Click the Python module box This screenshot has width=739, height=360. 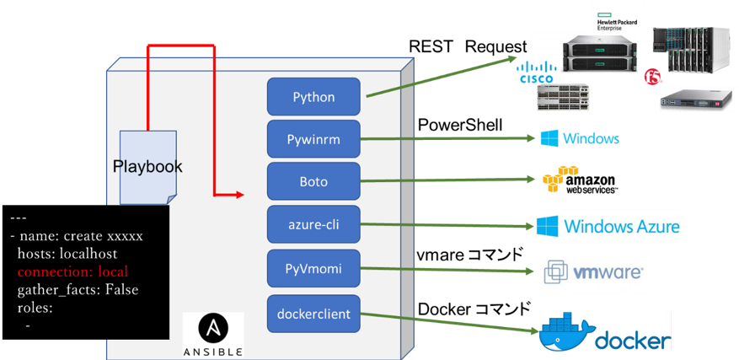click(x=313, y=97)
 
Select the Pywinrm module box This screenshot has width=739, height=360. click(x=313, y=139)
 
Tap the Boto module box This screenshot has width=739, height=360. click(x=313, y=181)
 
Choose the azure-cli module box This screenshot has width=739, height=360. click(x=313, y=224)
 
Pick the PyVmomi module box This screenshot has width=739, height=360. click(x=313, y=267)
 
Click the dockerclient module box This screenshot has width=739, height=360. click(x=313, y=314)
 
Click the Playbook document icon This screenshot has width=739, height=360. click(x=147, y=167)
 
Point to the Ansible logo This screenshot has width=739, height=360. click(x=213, y=334)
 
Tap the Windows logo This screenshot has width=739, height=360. click(x=580, y=138)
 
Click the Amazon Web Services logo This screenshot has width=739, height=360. click(x=580, y=180)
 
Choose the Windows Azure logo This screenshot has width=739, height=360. click(x=607, y=227)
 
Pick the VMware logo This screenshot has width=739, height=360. click(x=592, y=271)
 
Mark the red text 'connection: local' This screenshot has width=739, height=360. click(x=72, y=272)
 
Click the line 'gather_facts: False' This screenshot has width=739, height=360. click(x=78, y=290)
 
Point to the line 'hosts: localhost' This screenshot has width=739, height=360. click(x=67, y=254)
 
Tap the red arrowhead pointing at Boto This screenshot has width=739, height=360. click(x=239, y=196)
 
